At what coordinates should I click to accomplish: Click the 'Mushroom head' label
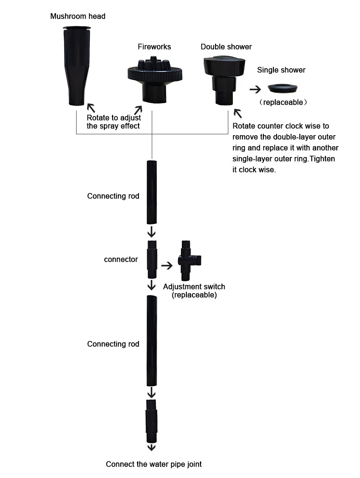pos(78,16)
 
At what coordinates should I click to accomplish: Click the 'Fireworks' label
pos(154,46)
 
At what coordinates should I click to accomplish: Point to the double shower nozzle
pos(224,80)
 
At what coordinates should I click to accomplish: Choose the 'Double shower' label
pos(226,46)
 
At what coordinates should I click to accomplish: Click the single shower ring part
pos(283,88)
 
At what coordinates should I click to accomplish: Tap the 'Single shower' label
pos(281,70)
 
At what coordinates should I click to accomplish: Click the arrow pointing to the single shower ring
pos(255,89)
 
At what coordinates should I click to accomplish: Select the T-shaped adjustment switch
pos(188,261)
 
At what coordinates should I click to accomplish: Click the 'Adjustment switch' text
pos(194,286)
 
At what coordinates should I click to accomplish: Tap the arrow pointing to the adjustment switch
pos(167,265)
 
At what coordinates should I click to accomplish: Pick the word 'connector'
pos(121,259)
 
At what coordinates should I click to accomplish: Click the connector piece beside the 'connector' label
pos(152,259)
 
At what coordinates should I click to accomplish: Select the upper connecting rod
pos(152,192)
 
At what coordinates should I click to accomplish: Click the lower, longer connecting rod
pos(152,341)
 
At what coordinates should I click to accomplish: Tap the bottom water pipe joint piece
pos(152,421)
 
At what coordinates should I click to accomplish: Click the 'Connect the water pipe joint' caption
pos(154,464)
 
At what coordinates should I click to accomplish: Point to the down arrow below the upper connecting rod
pos(152,232)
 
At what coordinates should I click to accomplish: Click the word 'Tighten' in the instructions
pos(323,159)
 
